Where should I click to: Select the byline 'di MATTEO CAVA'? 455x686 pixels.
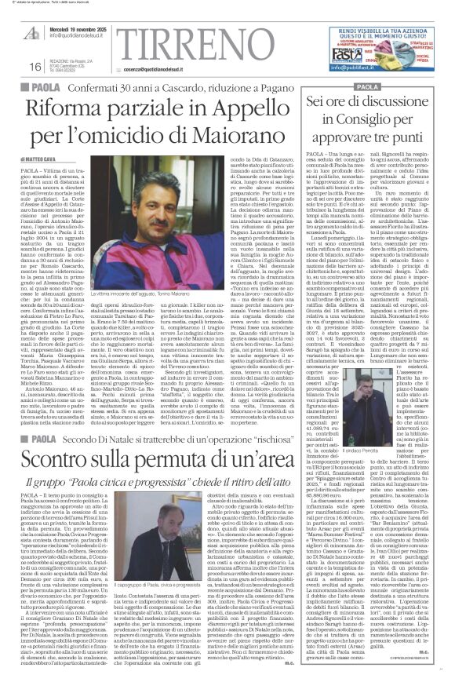point(38,159)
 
